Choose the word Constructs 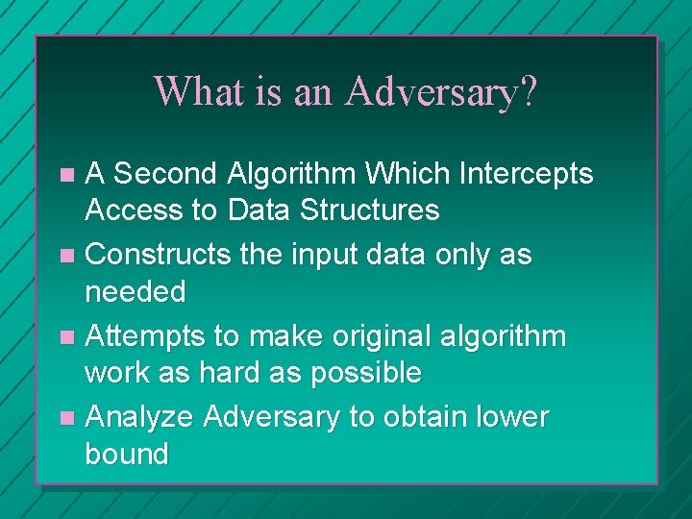point(154,255)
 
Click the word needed point(135,291)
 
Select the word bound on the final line point(126,454)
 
